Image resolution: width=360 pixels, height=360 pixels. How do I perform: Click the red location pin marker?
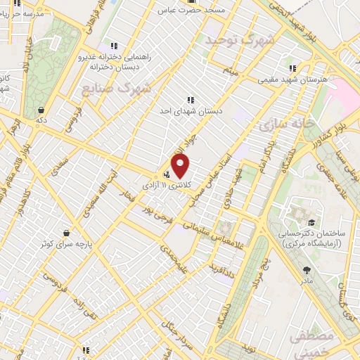181,165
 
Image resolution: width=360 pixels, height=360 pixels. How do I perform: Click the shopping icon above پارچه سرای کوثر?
66,233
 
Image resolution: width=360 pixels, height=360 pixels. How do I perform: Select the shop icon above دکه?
42,110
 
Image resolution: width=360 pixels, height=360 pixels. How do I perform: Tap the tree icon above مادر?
305,270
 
